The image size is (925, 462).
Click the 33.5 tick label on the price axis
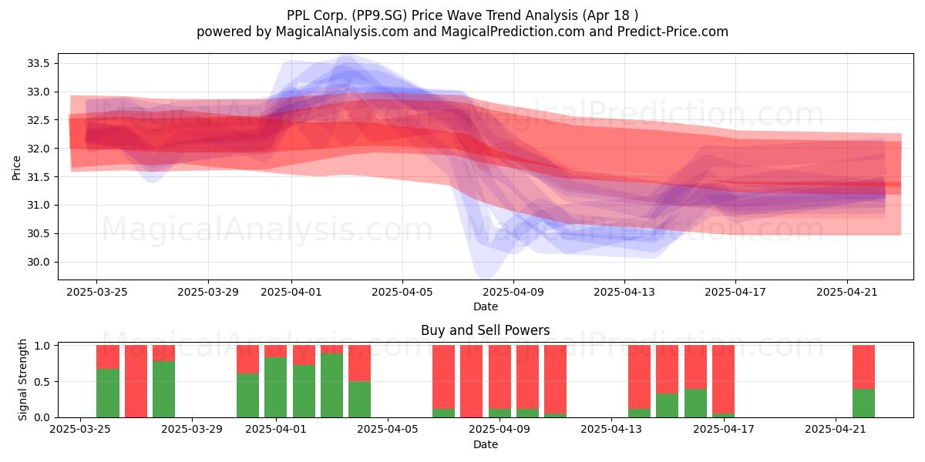coord(38,63)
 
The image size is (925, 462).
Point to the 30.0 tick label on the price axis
coord(38,263)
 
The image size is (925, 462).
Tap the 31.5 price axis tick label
coord(38,177)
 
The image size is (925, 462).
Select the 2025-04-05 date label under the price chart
coord(402,292)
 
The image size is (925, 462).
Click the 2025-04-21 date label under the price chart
coord(847,292)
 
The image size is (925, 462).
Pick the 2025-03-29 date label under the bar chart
coord(192,430)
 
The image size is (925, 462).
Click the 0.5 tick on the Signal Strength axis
coord(42,382)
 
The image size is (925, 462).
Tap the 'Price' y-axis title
coord(16,168)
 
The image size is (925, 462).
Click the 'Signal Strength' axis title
coord(22,380)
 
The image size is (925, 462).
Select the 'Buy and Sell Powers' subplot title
coord(485,330)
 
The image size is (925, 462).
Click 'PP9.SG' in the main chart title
coord(379,15)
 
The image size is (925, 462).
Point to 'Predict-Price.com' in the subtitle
coord(673,32)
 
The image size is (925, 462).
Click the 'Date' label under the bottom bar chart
coord(485,444)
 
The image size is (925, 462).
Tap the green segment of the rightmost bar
coord(863,403)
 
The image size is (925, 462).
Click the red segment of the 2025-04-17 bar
coord(723,379)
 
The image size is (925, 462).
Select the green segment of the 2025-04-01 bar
coord(275,387)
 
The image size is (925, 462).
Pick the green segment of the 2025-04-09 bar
coord(499,413)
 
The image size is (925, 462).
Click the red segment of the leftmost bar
coord(108,357)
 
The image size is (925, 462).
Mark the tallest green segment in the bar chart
coord(331,385)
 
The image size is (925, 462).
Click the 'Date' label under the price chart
coord(485,306)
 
